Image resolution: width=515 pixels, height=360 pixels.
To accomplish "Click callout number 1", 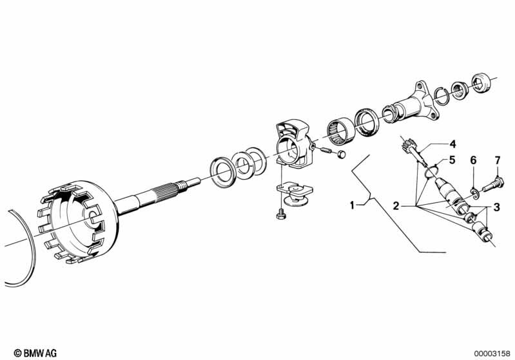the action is click(x=352, y=205).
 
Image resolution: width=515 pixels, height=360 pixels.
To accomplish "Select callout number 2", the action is click(x=396, y=206).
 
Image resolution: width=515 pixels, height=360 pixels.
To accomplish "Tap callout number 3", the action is click(x=496, y=207).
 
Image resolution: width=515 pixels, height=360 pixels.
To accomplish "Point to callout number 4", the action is click(x=452, y=144).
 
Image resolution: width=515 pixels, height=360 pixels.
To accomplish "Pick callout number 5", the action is click(x=452, y=160).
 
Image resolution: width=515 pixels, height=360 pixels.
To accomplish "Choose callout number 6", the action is click(x=473, y=160).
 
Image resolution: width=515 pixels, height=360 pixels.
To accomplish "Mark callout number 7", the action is click(x=498, y=160).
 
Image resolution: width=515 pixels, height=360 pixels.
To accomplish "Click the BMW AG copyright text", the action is click(x=35, y=353).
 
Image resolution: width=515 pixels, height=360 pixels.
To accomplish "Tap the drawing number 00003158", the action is click(x=492, y=354).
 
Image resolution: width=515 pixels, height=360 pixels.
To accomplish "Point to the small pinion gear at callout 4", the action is click(x=408, y=145).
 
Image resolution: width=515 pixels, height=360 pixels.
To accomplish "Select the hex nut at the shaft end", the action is click(x=480, y=82).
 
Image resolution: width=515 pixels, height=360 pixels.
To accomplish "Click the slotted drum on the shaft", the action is click(x=79, y=222).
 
